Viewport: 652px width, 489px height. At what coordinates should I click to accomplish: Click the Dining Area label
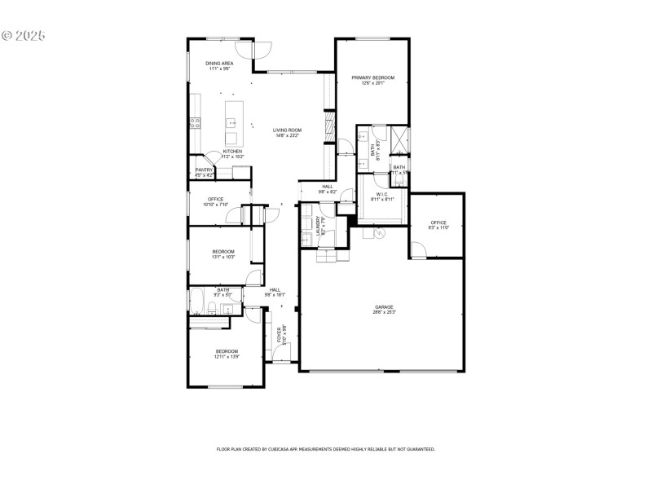point(220,63)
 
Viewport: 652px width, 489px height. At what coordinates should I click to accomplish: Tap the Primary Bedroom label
point(372,77)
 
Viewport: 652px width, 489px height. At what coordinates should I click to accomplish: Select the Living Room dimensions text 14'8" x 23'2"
point(287,135)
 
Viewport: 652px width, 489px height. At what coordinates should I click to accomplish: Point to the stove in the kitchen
point(196,124)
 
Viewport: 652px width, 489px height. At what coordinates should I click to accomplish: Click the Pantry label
point(204,170)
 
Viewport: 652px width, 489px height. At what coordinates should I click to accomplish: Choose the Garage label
point(384,306)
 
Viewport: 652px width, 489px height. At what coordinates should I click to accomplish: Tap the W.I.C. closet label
point(382,194)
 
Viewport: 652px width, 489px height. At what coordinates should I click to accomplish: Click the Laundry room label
point(319,226)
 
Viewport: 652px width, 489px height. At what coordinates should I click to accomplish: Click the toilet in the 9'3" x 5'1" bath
point(211,309)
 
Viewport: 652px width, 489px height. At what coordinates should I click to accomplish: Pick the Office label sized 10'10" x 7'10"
point(215,199)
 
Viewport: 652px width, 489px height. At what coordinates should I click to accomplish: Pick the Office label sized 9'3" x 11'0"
point(438,222)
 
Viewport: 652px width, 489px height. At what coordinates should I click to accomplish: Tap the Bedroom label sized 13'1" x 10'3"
point(223,251)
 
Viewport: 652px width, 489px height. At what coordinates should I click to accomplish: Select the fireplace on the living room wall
point(330,126)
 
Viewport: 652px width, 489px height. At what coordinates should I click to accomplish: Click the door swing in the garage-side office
point(417,249)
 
